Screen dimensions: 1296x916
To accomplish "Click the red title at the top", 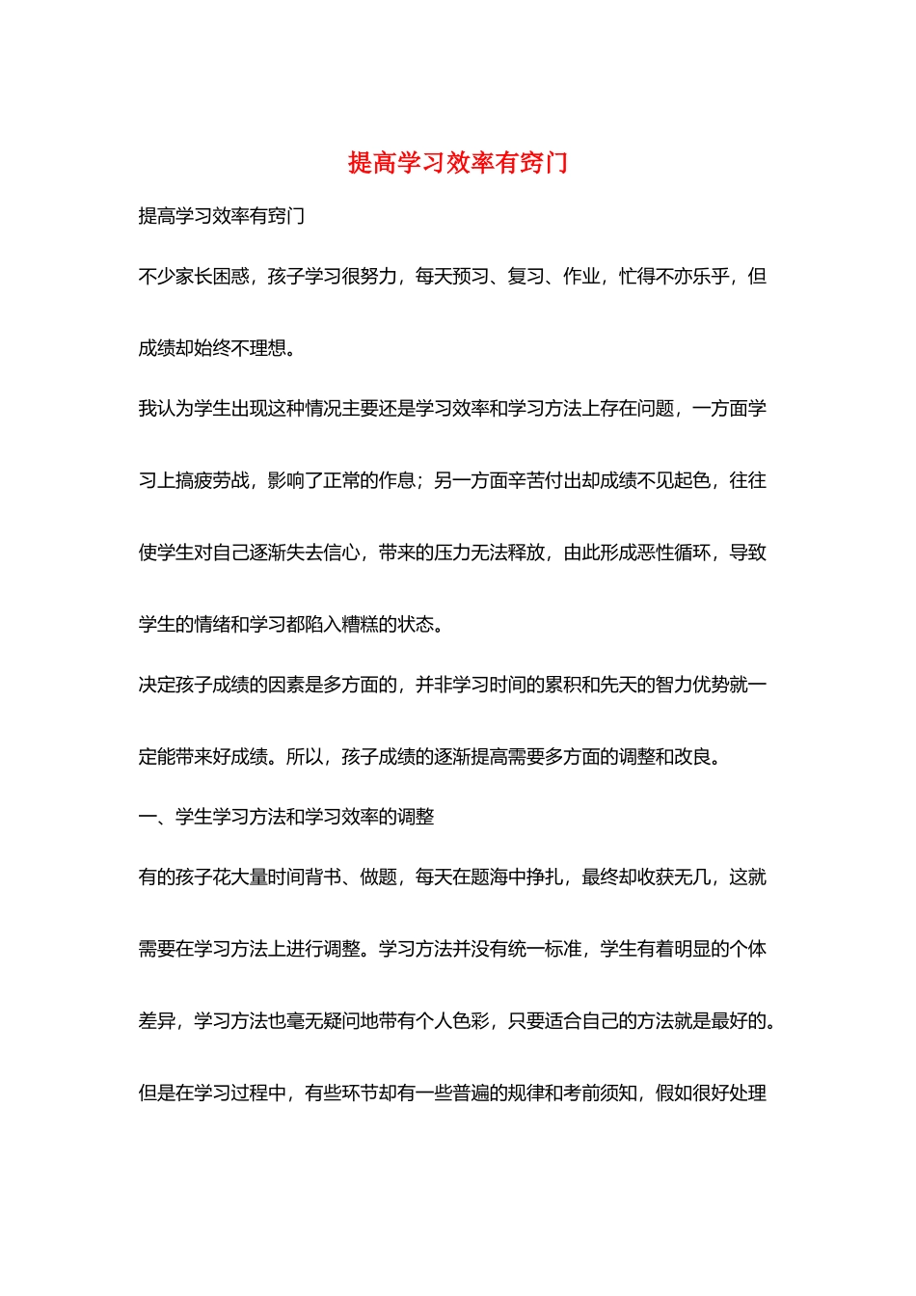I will tap(457, 163).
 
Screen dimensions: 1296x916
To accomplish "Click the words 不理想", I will tap(249, 349).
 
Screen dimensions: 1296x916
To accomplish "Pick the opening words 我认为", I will tap(166, 409).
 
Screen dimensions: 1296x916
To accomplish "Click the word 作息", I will tap(397, 480).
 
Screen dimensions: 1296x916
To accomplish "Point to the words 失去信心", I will tap(323, 553).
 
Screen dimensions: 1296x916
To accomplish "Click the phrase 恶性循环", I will tap(674, 553).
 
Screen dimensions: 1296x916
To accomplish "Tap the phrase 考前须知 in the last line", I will tap(601, 1093).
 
